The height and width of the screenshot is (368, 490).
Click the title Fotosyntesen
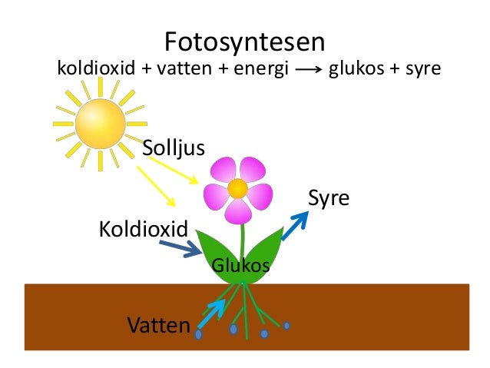245,42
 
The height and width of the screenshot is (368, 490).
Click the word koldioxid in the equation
96,68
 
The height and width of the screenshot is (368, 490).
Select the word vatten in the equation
184,68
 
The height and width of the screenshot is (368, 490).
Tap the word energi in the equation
261,69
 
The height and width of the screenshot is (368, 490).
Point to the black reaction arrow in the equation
309,69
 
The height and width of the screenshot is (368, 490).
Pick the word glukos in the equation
356,69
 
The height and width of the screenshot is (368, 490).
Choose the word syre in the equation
423,70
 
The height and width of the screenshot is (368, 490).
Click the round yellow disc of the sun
101,124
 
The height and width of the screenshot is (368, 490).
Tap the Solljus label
174,148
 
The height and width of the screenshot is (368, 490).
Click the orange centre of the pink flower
237,188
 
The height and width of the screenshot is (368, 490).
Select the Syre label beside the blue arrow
329,199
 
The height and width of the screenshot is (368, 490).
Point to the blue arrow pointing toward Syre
295,226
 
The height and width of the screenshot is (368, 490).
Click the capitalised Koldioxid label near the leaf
144,229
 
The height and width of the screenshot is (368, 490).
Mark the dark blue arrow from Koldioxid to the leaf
180,249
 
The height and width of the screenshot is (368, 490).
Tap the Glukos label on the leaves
240,266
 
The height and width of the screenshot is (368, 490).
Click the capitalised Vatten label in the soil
159,325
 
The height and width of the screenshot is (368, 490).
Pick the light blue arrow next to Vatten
211,314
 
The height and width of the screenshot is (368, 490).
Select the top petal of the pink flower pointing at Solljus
223,170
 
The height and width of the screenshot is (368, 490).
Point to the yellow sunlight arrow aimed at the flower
173,171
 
